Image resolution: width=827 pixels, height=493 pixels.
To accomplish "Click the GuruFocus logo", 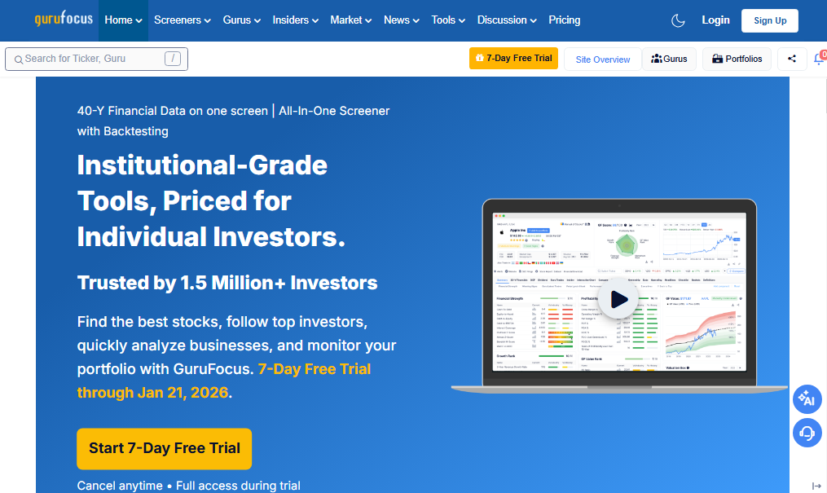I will pyautogui.click(x=64, y=20).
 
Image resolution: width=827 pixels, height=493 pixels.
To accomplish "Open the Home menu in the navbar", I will pyautogui.click(x=123, y=20).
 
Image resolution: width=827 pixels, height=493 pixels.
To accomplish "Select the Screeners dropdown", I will pyautogui.click(x=182, y=20).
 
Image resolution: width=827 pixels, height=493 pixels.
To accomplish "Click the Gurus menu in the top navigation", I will pyautogui.click(x=242, y=20).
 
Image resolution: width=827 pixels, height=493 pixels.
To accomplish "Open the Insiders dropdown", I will pyautogui.click(x=296, y=20).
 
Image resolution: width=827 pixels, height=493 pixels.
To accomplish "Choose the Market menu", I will pyautogui.click(x=350, y=20).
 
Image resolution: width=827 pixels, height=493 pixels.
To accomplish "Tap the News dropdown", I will pyautogui.click(x=402, y=20).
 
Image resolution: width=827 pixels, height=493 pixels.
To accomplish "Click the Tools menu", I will pyautogui.click(x=448, y=20).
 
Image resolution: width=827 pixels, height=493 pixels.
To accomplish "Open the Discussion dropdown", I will pyautogui.click(x=508, y=20).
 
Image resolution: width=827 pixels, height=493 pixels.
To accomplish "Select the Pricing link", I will pyautogui.click(x=565, y=20).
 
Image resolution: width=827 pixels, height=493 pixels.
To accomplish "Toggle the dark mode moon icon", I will pyautogui.click(x=678, y=20).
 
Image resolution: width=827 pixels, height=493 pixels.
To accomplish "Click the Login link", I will pyautogui.click(x=715, y=20).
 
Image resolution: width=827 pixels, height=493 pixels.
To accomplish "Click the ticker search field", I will pyautogui.click(x=90, y=59).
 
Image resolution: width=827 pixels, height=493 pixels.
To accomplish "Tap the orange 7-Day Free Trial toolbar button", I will pyautogui.click(x=513, y=59).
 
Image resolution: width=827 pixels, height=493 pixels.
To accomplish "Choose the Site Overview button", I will pyautogui.click(x=603, y=59).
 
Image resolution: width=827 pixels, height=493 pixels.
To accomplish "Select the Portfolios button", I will pyautogui.click(x=737, y=59).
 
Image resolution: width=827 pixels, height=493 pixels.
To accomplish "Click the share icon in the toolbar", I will pyautogui.click(x=792, y=59).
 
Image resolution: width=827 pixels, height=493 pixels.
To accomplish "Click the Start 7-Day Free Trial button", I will pyautogui.click(x=165, y=448).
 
